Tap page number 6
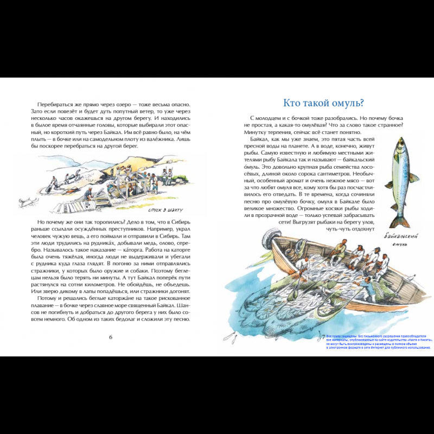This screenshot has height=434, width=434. pos(111,337)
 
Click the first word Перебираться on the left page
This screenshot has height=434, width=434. pos(57,104)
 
